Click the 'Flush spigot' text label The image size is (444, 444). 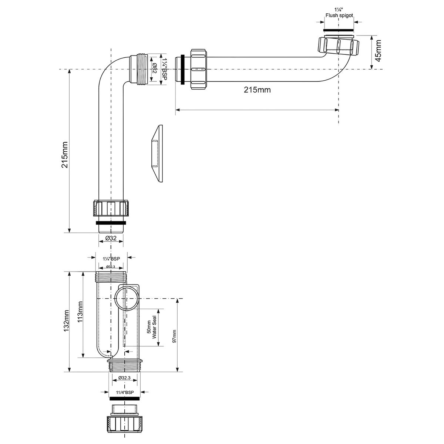point(339,16)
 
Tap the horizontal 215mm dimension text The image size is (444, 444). point(258,90)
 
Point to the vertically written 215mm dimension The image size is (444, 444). point(65,155)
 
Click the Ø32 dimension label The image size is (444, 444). point(111,238)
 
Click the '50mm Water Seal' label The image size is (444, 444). point(152,330)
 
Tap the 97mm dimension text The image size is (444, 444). point(174,336)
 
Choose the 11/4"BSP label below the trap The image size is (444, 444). point(125,393)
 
